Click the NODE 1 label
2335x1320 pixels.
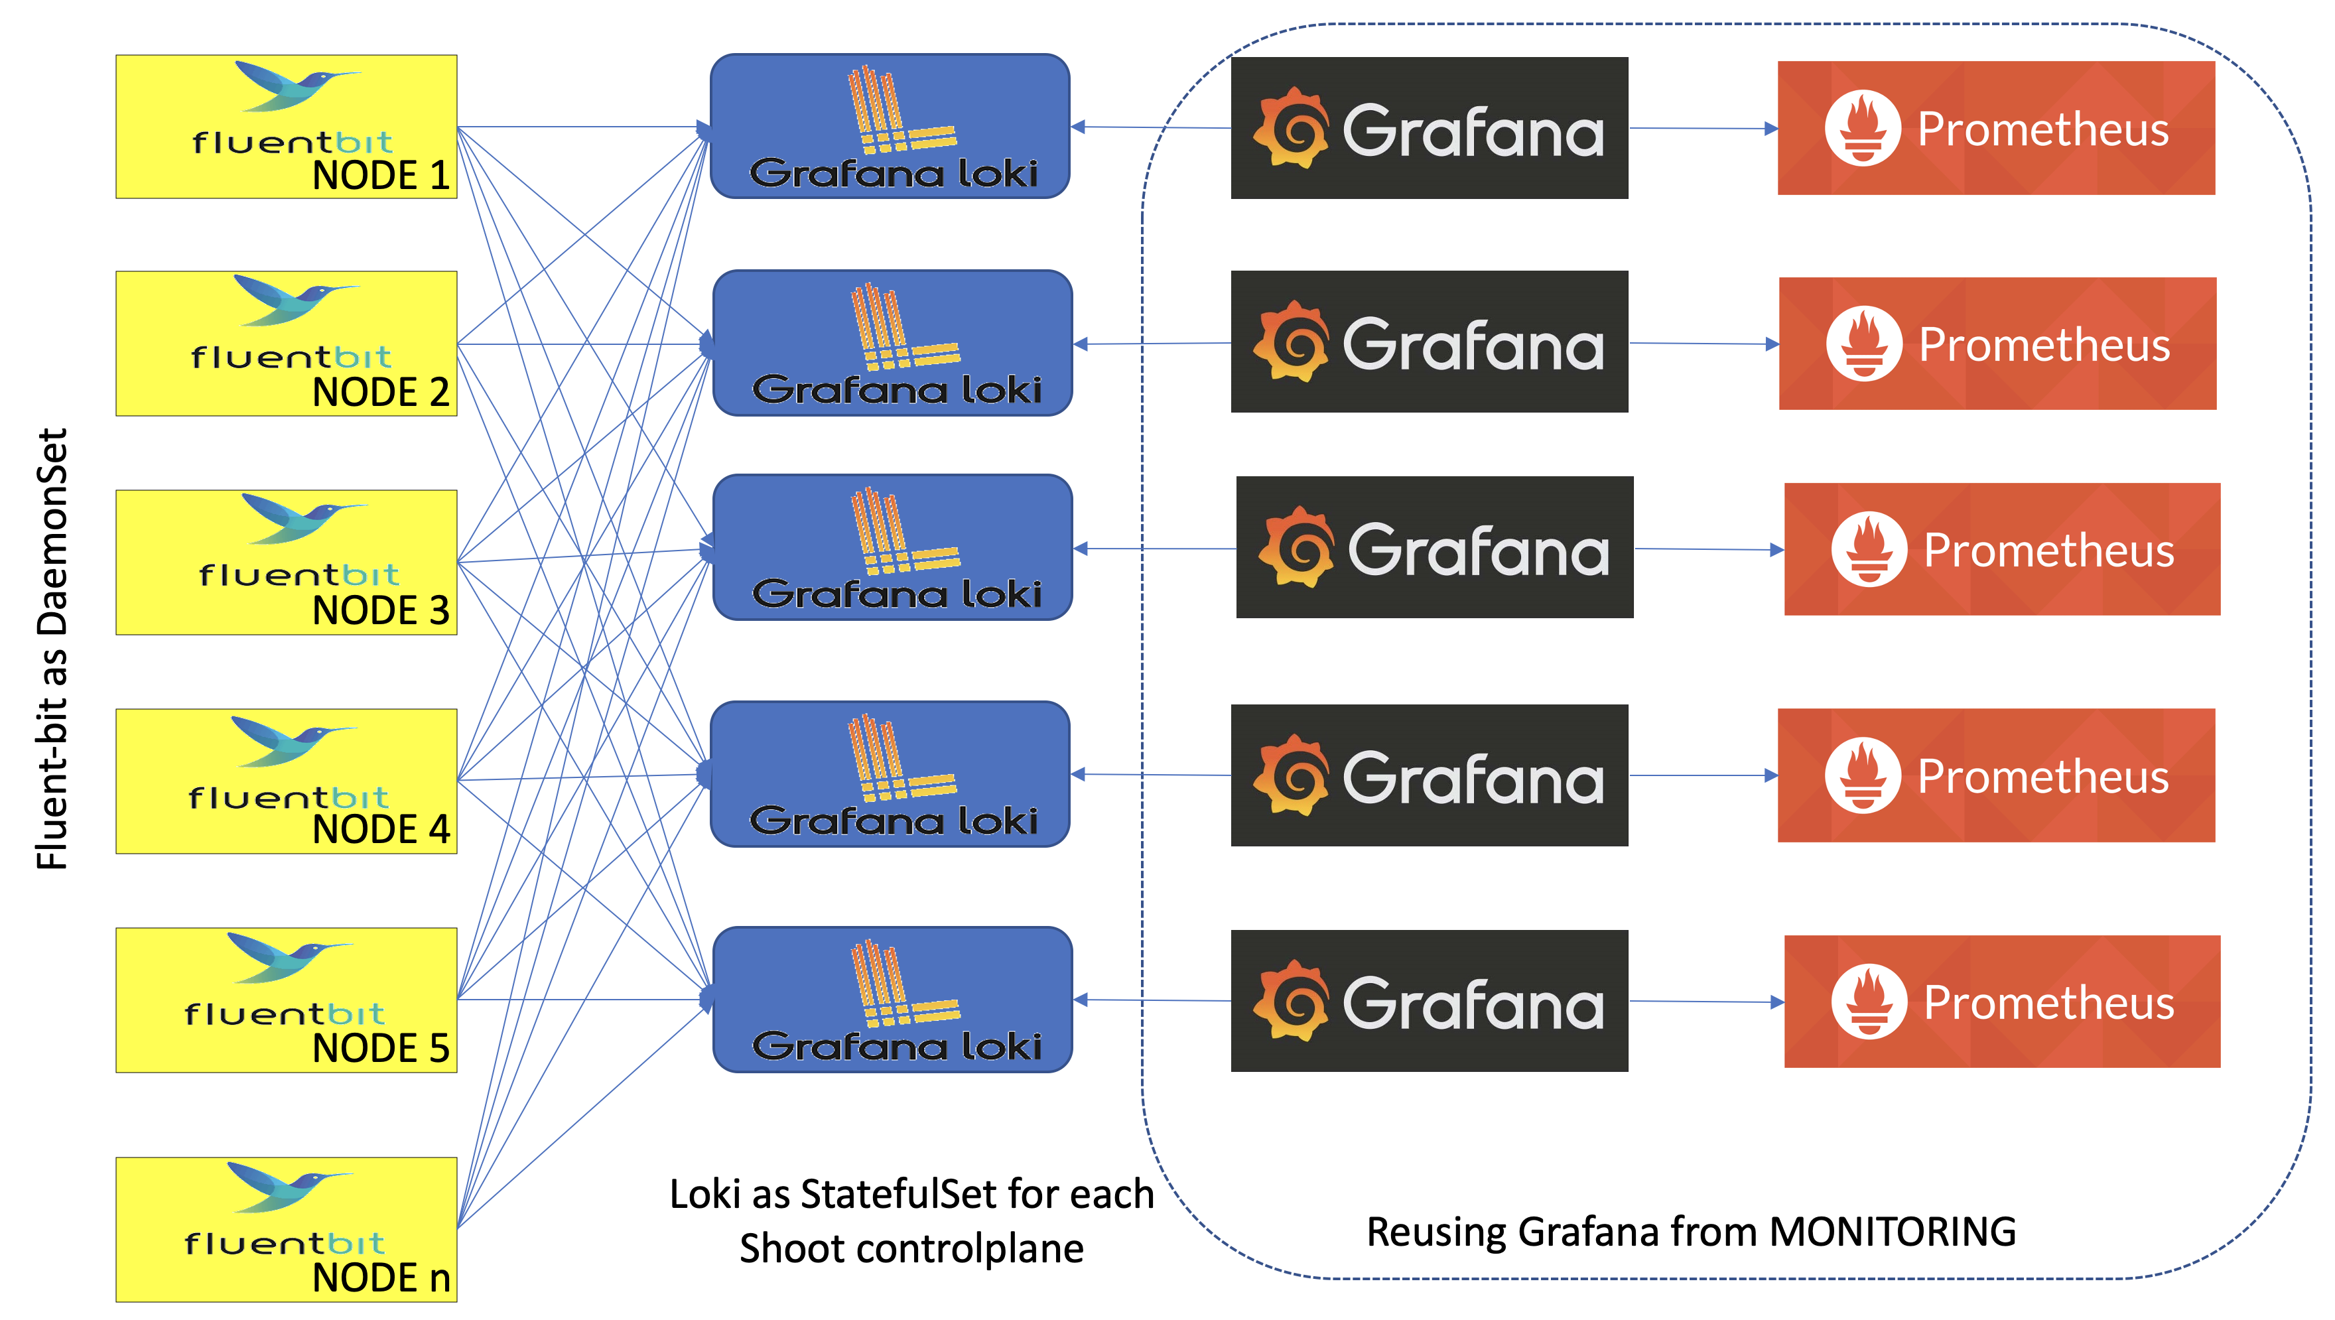[381, 175]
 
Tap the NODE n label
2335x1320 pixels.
[381, 1278]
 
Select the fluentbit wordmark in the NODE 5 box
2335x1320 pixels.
[284, 1014]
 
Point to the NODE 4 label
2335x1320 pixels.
[381, 828]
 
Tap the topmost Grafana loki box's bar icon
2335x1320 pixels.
[898, 109]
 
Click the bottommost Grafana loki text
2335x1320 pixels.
[896, 1046]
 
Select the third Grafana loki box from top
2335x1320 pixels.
[892, 548]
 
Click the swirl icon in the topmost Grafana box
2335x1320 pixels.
[1292, 129]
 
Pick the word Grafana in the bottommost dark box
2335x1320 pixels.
[1473, 1004]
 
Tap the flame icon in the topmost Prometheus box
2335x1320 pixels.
[1862, 128]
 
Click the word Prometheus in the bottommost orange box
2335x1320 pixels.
[2048, 1003]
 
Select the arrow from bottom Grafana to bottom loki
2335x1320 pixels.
[1151, 1000]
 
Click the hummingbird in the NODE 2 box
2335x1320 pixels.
[295, 299]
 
